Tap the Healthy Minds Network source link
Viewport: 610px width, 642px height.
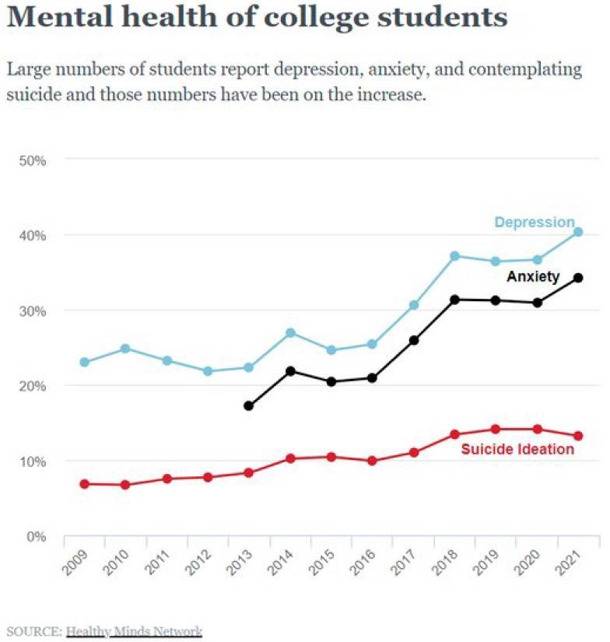pyautogui.click(x=134, y=630)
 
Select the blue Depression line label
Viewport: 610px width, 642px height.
pyautogui.click(x=534, y=223)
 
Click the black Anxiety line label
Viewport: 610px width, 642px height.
pyautogui.click(x=533, y=276)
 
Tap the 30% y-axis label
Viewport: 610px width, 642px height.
pyautogui.click(x=33, y=310)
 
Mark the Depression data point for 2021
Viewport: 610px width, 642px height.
pyautogui.click(x=578, y=232)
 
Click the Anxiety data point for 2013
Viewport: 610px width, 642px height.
pyautogui.click(x=249, y=406)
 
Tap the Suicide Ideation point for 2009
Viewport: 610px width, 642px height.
pyautogui.click(x=84, y=484)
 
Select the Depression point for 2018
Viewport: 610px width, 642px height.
pyautogui.click(x=455, y=256)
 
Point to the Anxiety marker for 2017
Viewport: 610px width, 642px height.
pyautogui.click(x=414, y=341)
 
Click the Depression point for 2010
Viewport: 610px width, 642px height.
pyautogui.click(x=125, y=349)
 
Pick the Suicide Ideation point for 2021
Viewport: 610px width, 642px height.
pyautogui.click(x=578, y=436)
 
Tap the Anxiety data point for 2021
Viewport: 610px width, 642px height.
pyautogui.click(x=578, y=278)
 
